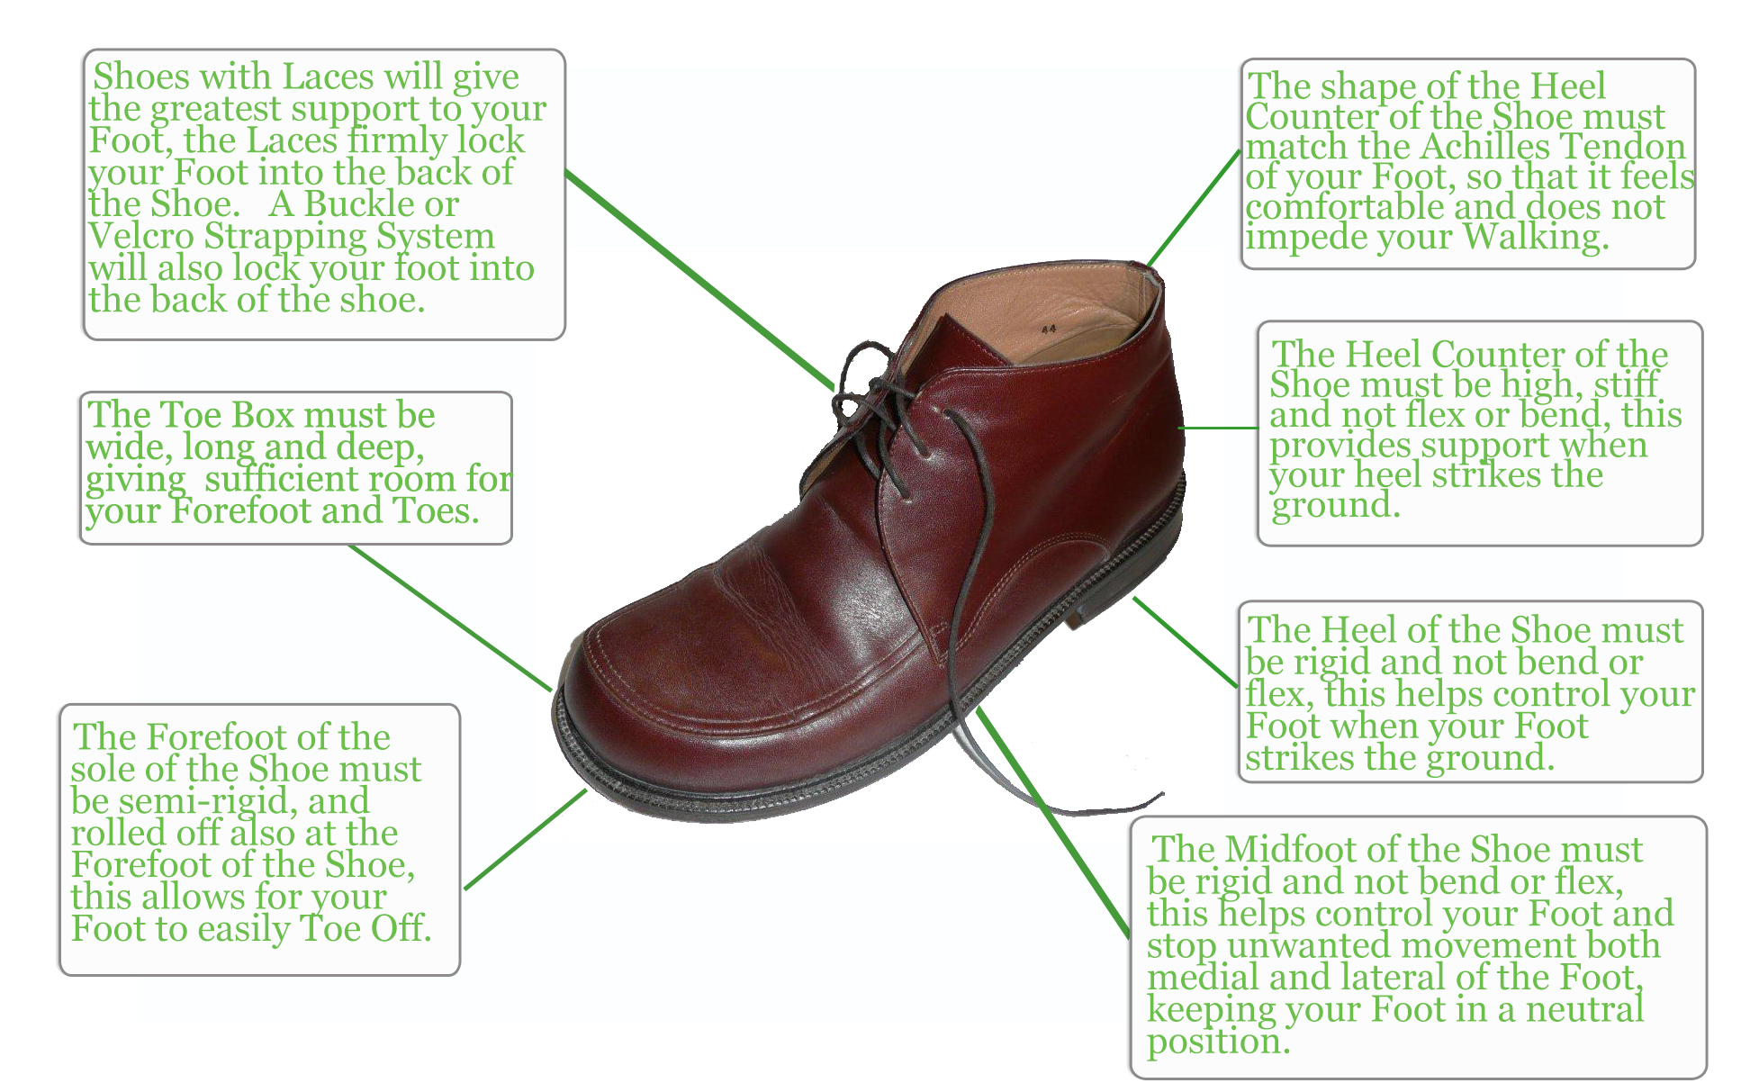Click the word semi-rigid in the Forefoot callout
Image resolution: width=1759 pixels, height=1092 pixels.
(209, 801)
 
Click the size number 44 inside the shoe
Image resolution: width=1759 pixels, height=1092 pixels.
(1049, 329)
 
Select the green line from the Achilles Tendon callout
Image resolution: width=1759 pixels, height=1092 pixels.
(1195, 209)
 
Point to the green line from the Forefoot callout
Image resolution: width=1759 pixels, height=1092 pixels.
(526, 839)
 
